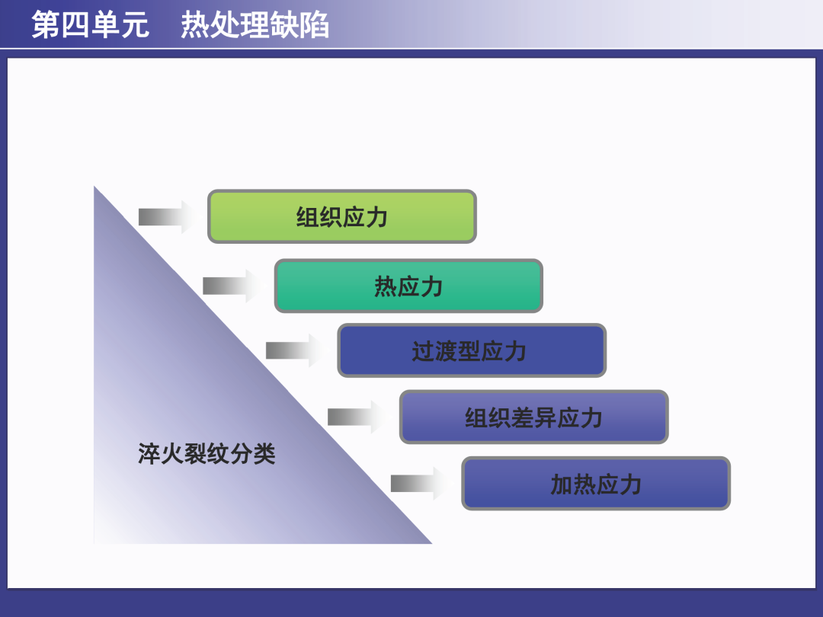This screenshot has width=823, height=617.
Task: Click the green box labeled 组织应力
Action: (342, 216)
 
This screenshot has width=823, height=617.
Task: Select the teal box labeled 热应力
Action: (408, 286)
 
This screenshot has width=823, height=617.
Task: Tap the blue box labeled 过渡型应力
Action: (472, 350)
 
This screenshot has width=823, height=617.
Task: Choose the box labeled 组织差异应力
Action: (533, 417)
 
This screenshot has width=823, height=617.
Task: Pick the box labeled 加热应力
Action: (596, 483)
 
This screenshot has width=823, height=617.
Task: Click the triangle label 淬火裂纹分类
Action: (207, 454)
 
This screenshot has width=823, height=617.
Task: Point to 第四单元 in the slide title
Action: (90, 24)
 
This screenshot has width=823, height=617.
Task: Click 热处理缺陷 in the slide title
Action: (255, 24)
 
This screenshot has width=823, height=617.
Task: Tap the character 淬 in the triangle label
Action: (149, 454)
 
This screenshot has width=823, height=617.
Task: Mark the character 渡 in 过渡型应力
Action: (446, 351)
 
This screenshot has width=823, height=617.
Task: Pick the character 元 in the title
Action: (135, 24)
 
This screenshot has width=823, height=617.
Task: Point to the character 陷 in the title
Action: (315, 24)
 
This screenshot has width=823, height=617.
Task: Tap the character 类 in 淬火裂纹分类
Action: (264, 454)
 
